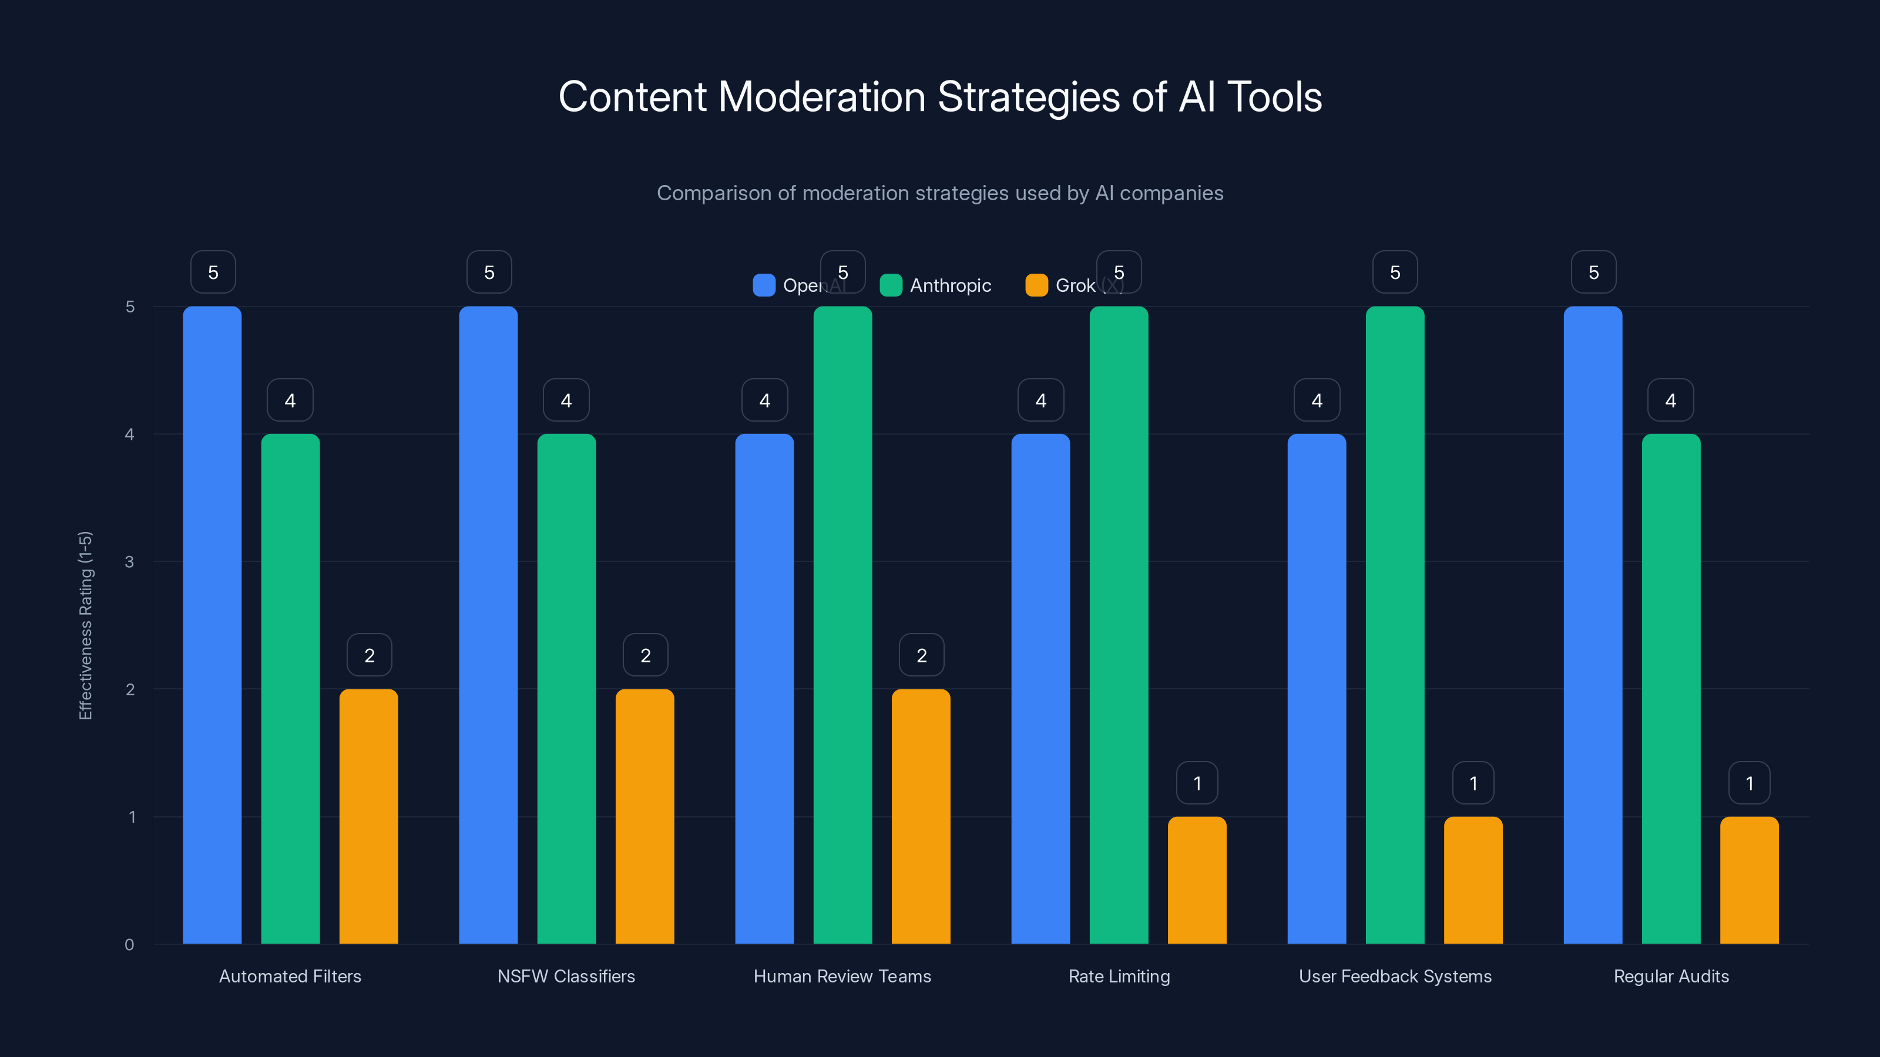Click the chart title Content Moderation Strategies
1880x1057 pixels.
pos(940,97)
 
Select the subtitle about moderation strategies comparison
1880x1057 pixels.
pos(940,193)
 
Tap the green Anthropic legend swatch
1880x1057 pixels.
pos(891,285)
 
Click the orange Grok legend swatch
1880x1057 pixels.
pos(1036,285)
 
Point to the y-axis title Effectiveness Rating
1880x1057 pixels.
pos(85,625)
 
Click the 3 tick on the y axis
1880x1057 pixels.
pos(130,562)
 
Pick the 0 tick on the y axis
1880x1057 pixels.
pos(130,945)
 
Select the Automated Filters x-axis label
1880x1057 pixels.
pos(290,976)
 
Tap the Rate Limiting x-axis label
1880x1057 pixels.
pos(1119,976)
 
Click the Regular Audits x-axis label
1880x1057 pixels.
pos(1671,976)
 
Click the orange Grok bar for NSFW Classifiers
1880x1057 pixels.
pos(644,816)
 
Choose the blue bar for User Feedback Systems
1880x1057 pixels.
pos(1317,689)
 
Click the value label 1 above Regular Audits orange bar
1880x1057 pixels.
pos(1750,783)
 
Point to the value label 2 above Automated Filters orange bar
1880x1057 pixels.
pos(370,655)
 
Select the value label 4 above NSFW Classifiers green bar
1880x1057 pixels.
pos(566,400)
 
